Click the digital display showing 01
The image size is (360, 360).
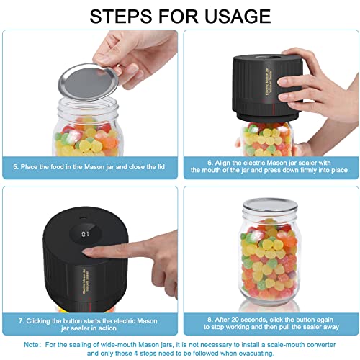85,234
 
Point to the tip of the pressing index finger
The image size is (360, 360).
84,252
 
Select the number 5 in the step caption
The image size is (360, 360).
16,167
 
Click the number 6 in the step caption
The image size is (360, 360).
210,163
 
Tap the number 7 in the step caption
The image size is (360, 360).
21,321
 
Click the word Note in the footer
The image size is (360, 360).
31,345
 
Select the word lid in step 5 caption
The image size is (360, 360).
161,167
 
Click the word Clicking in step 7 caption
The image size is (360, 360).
38,321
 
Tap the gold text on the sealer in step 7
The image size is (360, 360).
86,281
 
